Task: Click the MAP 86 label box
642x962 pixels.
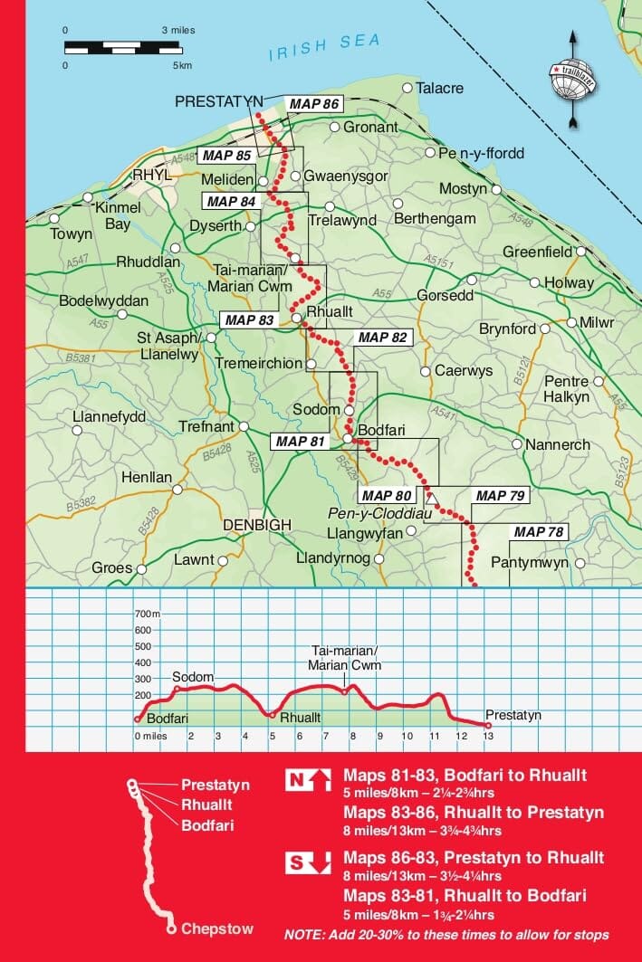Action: (313, 103)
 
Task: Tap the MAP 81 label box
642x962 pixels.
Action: (299, 442)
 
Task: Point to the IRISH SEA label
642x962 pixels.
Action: (324, 46)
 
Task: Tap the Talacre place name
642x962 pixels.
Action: (440, 89)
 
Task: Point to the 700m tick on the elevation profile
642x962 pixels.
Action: (148, 614)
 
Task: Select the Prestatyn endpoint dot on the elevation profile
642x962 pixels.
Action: (488, 725)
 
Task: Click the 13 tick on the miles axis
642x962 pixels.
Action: (488, 737)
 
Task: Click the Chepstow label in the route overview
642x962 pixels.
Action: (216, 929)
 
